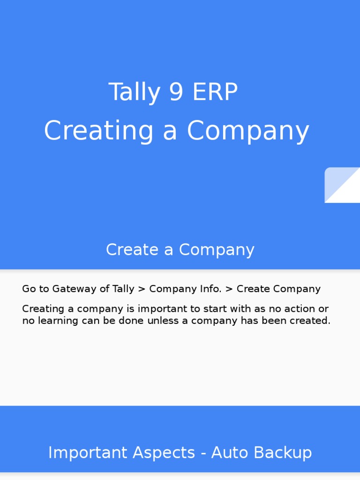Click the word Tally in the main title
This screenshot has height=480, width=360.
coord(128,92)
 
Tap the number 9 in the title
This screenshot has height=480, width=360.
coord(176,92)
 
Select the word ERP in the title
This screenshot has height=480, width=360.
coord(215,92)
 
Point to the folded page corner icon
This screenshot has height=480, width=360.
coord(342,185)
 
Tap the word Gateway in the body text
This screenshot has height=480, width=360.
coord(70,289)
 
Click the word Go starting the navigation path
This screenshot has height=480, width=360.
coord(29,289)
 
